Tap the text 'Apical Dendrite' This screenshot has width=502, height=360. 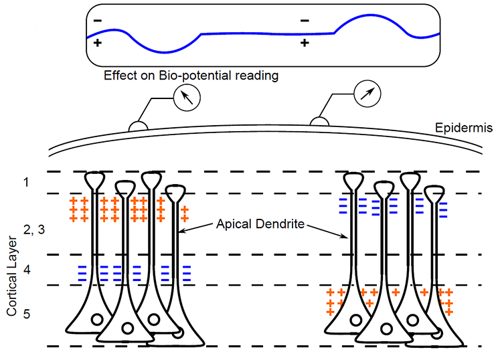tap(262, 224)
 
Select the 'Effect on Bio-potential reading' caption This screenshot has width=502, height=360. tap(191, 76)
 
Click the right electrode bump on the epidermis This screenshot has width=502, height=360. tap(319, 121)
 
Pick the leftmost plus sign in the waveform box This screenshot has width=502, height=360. tap(98, 43)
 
